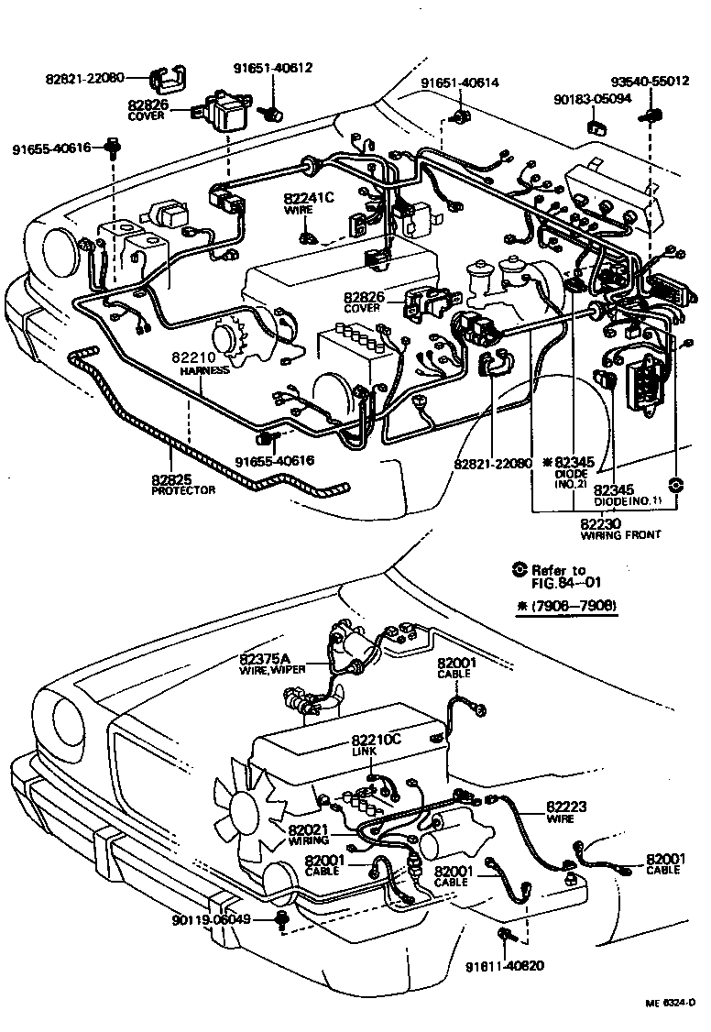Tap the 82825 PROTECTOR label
click(182, 483)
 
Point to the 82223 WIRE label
click(566, 812)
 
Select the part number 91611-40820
click(506, 966)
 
